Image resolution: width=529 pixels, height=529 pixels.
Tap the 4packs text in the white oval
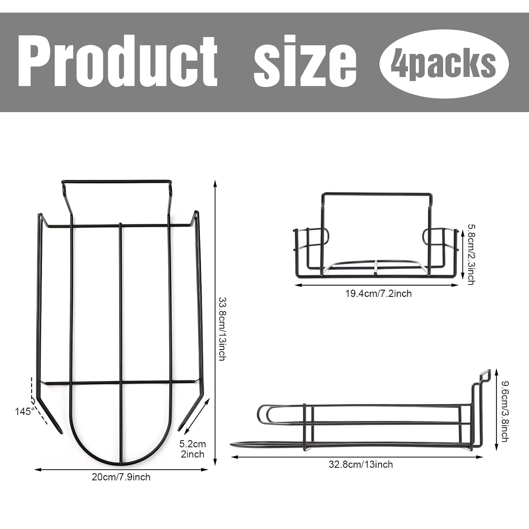[x=443, y=63]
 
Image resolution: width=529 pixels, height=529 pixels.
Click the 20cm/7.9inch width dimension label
[x=121, y=477]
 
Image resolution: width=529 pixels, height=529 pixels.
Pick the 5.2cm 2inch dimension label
[x=192, y=449]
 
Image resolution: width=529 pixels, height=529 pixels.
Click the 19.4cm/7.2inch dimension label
[x=378, y=293]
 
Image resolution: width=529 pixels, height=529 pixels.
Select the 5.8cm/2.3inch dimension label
[x=470, y=254]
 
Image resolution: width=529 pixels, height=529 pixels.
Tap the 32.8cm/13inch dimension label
[x=361, y=464]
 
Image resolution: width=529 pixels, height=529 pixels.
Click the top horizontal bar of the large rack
[x=116, y=182]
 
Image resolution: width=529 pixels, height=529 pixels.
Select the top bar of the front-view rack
[x=376, y=194]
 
